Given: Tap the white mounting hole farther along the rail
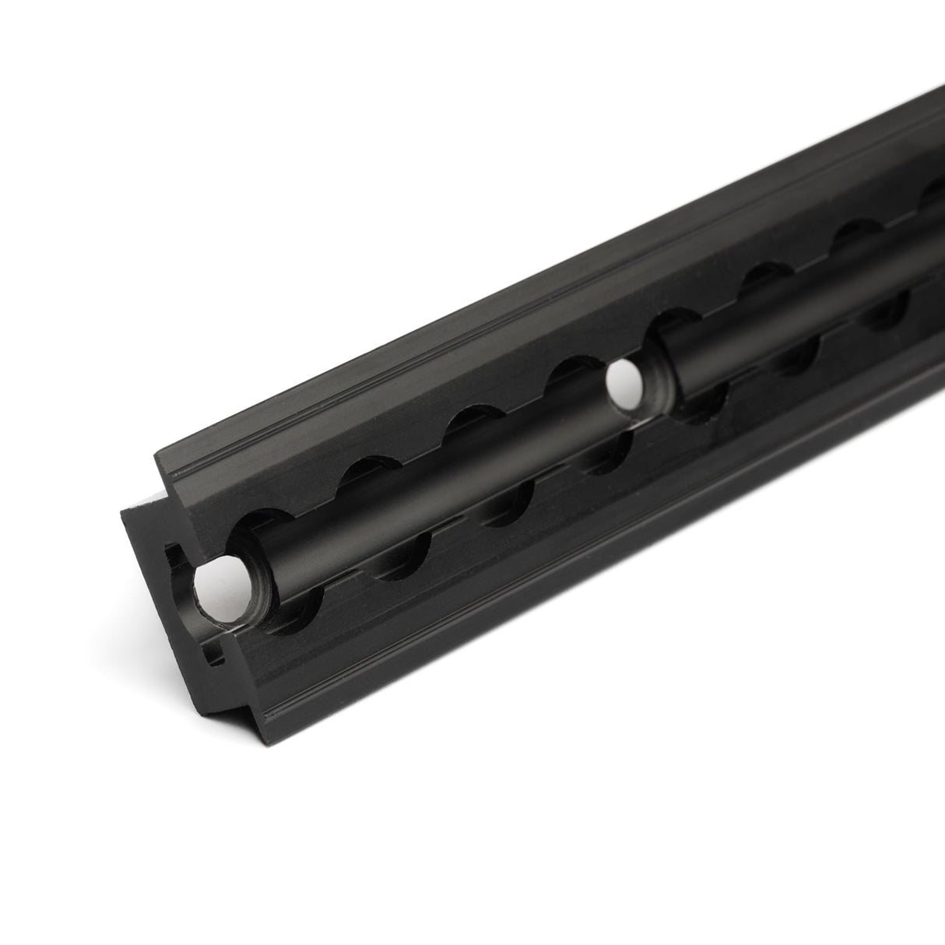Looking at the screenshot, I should pyautogui.click(x=624, y=382).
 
